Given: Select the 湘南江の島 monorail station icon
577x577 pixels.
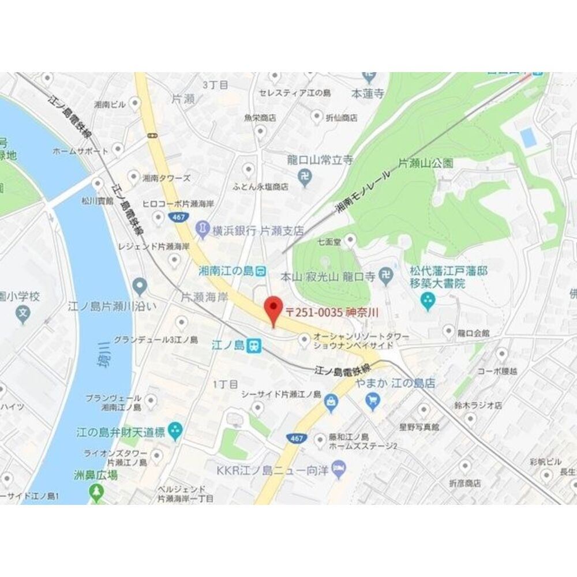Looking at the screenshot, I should coord(261,270).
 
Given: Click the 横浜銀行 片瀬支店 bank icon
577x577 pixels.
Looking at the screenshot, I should coord(203,228).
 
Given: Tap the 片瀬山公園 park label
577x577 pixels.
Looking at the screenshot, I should coord(425,163).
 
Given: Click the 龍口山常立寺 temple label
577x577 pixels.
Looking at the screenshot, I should coord(320,160).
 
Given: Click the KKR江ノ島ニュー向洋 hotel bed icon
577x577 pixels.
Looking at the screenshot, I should coord(340,469).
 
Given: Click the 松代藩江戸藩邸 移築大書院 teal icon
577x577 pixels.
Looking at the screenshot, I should coord(428,300).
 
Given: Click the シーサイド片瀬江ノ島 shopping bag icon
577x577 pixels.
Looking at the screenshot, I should coord(331,402).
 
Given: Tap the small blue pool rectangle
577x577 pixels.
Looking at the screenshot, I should coord(527,137).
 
